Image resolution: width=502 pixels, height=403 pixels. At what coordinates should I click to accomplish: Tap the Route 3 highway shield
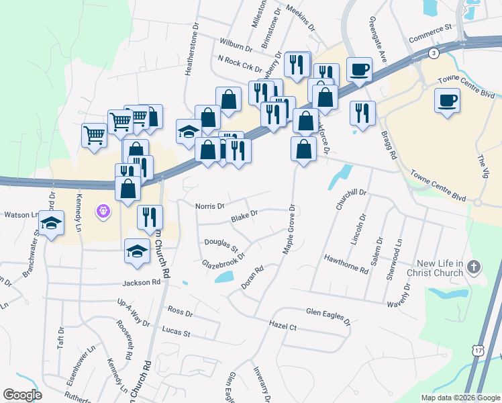[x=435, y=52]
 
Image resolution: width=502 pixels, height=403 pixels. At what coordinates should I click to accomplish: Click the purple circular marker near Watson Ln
[x=103, y=212]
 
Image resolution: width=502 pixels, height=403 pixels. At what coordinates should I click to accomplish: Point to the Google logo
[x=23, y=395]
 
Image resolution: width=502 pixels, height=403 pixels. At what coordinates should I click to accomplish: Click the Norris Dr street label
[x=210, y=206]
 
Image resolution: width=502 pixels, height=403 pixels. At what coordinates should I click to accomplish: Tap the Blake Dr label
[x=244, y=216]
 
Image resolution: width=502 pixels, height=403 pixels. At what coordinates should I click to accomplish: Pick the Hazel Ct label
[x=283, y=326]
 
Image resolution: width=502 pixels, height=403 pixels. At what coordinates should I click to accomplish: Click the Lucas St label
[x=177, y=331]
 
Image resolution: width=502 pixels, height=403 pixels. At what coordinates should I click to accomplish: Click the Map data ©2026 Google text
[x=460, y=398]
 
